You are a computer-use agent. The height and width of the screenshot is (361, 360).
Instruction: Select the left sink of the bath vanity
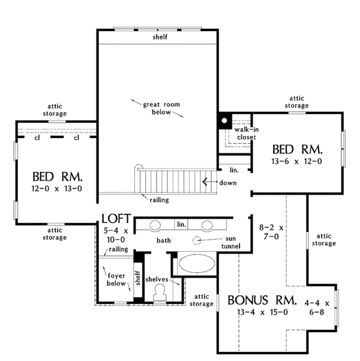coord(154,225)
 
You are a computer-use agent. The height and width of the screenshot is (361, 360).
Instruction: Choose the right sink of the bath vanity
coord(208,225)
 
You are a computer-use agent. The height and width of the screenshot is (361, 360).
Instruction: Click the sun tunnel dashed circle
coord(198,241)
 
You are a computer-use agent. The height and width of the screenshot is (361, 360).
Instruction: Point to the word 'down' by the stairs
coord(227,182)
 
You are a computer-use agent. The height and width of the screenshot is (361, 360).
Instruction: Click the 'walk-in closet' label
coord(245,133)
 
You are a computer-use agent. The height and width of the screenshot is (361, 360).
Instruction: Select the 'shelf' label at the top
coord(159,37)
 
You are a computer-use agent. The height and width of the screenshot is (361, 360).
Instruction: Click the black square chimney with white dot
coord(224,120)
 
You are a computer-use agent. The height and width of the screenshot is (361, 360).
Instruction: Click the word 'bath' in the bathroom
coord(164,240)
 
